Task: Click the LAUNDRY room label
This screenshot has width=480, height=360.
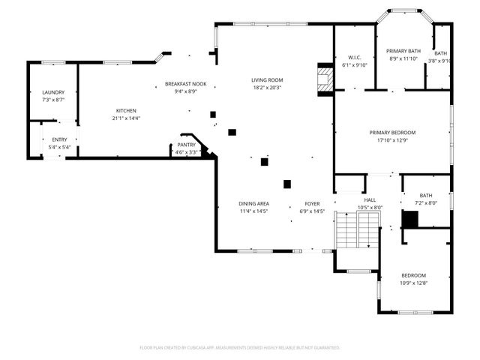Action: point(53,92)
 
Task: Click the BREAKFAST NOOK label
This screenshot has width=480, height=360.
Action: point(185,84)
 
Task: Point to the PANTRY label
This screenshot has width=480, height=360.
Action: point(186,145)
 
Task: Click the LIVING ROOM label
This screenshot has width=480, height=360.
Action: point(266,80)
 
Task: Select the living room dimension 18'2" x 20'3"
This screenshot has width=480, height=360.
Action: point(266,88)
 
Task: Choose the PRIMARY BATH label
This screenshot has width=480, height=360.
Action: point(404,51)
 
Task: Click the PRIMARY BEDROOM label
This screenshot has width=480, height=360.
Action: point(392,133)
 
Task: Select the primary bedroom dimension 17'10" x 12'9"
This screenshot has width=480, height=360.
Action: point(392,140)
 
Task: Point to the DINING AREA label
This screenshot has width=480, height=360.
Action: point(253,203)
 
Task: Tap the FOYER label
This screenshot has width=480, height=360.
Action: point(312,203)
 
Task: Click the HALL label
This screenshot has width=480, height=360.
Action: point(370,199)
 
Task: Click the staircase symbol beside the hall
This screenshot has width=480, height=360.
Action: point(358,230)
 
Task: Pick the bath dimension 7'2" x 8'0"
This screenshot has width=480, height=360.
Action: point(426,203)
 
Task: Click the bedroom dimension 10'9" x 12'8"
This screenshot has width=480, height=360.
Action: point(412,282)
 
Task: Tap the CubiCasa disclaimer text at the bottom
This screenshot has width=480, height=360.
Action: point(240,347)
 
